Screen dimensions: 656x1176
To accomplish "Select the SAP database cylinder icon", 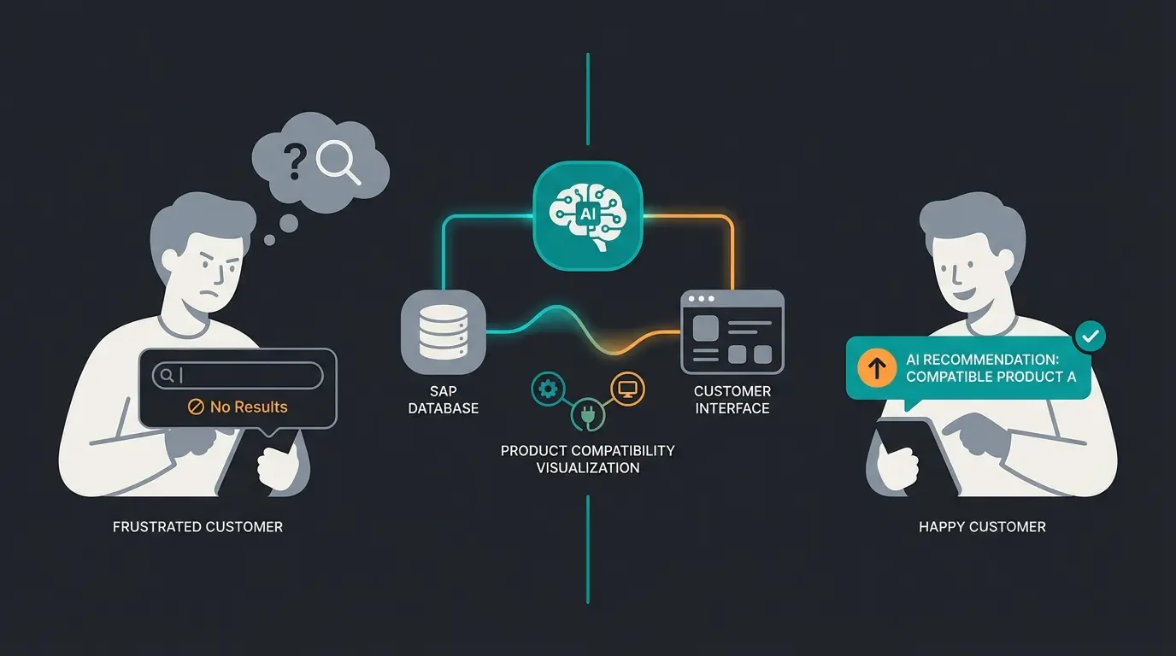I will click(443, 331).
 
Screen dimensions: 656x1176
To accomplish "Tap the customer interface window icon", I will click(732, 332).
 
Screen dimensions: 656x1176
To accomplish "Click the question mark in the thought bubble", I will click(296, 161).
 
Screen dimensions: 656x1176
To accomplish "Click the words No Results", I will click(249, 407).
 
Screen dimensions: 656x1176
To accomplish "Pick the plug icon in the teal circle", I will click(588, 414).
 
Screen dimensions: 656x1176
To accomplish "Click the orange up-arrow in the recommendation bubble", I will click(876, 368).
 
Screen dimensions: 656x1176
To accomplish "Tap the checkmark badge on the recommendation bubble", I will click(1090, 337).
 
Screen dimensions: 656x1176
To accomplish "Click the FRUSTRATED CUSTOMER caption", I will click(197, 527).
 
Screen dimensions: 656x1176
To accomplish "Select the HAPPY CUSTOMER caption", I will click(982, 527).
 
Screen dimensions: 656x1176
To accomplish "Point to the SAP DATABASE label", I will click(443, 400).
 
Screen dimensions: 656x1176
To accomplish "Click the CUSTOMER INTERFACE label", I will click(732, 400).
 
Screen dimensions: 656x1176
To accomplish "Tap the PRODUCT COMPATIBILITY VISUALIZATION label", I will click(587, 459).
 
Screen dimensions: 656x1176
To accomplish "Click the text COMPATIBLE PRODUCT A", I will click(991, 377).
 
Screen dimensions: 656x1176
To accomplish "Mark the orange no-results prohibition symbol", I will click(196, 407).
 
